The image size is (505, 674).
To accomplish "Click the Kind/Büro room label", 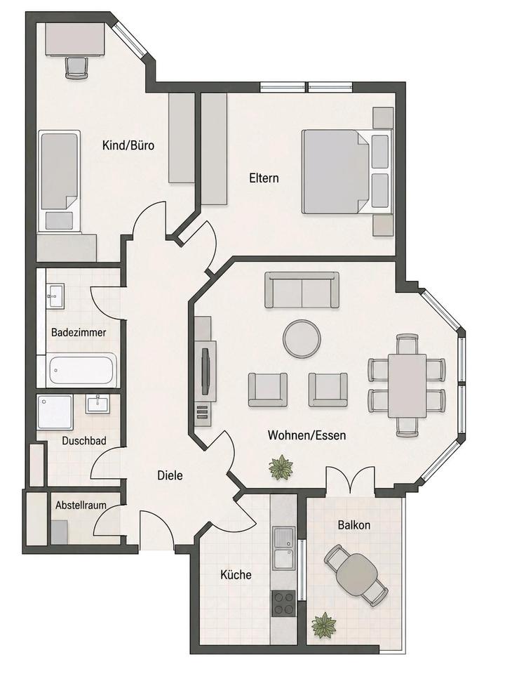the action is pyautogui.click(x=128, y=145).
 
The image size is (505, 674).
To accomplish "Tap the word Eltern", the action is pyautogui.click(x=264, y=178).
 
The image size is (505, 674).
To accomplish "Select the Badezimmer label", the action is pyautogui.click(x=79, y=332).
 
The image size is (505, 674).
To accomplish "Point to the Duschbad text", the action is pyautogui.click(x=84, y=441).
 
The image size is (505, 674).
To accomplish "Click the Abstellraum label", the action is pyautogui.click(x=81, y=505).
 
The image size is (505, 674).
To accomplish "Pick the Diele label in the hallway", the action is pyautogui.click(x=170, y=475).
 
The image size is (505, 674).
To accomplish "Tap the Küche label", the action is pyautogui.click(x=236, y=574).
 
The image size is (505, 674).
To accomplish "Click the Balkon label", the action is pyautogui.click(x=353, y=525).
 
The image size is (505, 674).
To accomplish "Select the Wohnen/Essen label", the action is pyautogui.click(x=307, y=435).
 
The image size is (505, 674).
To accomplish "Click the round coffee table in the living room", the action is pyautogui.click(x=302, y=338).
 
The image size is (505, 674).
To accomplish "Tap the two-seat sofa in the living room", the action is pyautogui.click(x=302, y=290).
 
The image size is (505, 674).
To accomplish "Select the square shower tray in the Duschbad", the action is pyautogui.click(x=55, y=412).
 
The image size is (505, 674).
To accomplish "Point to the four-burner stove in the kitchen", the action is pyautogui.click(x=283, y=603).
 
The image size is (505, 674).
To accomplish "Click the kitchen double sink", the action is pyautogui.click(x=283, y=548).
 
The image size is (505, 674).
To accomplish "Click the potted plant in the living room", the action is pyautogui.click(x=281, y=468).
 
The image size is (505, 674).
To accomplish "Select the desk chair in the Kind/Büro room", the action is pyautogui.click(x=76, y=68).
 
